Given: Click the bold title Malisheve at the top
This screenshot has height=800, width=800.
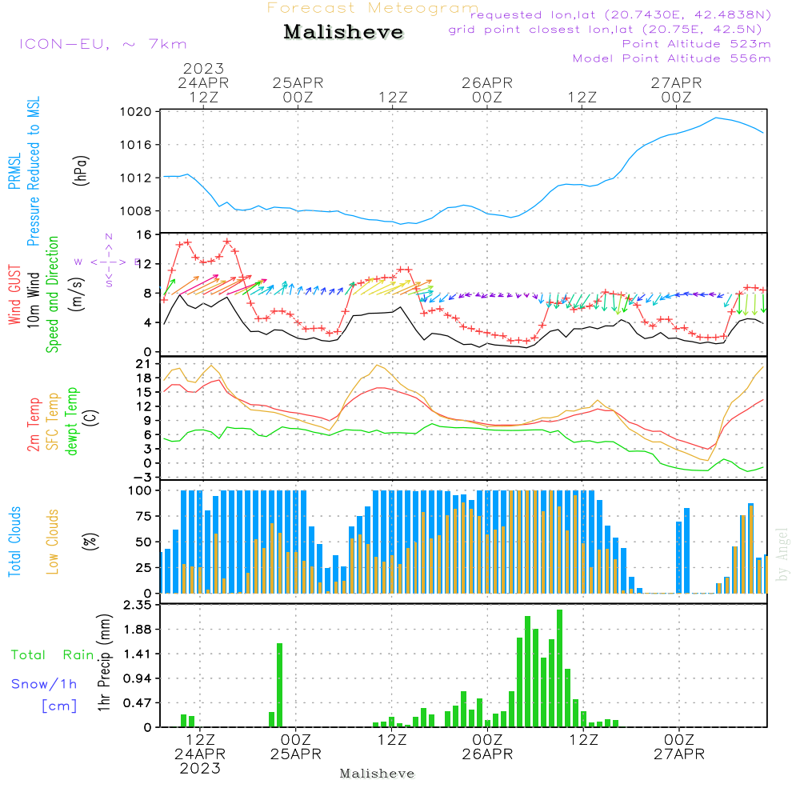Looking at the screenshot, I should [343, 32].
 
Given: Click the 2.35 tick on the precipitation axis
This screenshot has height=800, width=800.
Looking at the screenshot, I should [137, 606].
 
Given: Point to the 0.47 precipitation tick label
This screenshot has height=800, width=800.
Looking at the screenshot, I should [137, 703].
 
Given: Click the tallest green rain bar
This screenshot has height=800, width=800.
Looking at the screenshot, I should [560, 668].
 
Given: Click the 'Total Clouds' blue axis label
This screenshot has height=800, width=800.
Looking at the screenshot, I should [14, 542].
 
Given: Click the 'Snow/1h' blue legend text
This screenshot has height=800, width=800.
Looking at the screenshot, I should [45, 684].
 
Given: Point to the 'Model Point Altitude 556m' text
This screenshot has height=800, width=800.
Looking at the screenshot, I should [672, 58].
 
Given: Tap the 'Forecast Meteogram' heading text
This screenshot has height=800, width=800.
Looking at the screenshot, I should [373, 8].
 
